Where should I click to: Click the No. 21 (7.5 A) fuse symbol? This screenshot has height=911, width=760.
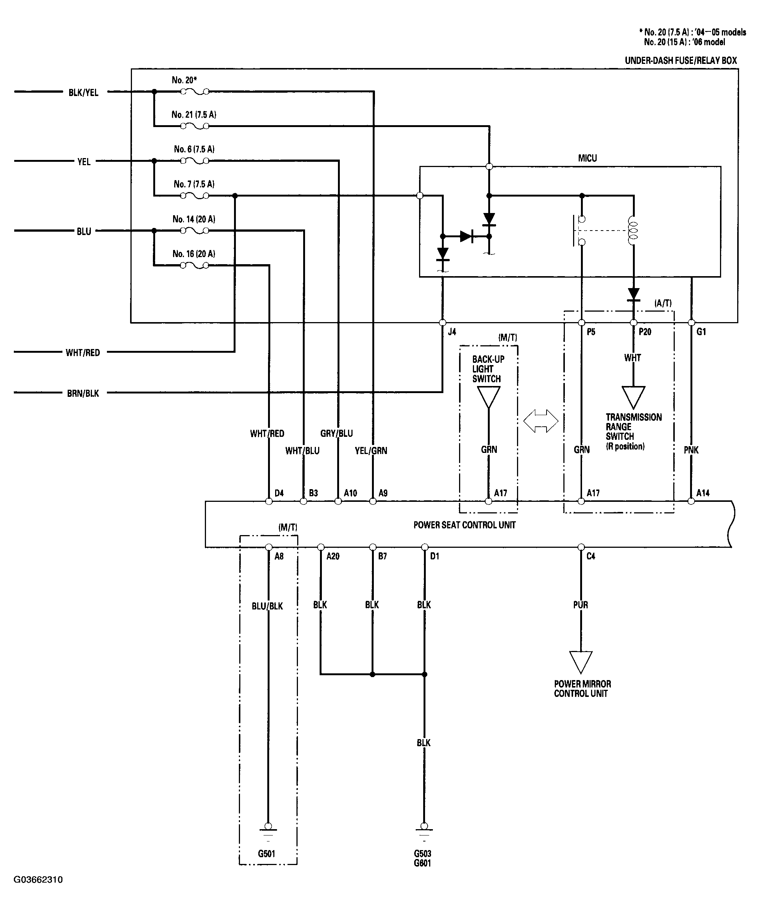point(194,126)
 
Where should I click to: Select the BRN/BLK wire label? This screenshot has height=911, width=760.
point(83,393)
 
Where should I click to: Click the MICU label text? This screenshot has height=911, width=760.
point(587,158)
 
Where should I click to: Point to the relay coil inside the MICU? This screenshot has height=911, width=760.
point(633,231)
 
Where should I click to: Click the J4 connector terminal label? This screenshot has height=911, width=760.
point(452,332)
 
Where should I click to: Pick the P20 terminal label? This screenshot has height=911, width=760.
point(645,332)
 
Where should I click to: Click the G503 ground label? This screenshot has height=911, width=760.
point(423,854)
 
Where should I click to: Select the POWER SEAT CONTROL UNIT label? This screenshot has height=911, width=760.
point(464,525)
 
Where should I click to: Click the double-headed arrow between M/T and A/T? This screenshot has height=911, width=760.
point(541,421)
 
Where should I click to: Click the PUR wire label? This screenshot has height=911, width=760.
point(581,605)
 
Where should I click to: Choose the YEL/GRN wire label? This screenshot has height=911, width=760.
point(371,451)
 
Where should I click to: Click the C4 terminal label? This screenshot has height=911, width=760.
point(591,556)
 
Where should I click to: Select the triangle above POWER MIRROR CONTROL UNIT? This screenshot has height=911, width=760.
point(581,663)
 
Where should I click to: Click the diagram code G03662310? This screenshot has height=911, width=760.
point(38,880)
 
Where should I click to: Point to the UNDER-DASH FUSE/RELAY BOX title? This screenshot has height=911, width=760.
point(681,61)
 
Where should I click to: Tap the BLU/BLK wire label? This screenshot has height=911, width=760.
point(267,606)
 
